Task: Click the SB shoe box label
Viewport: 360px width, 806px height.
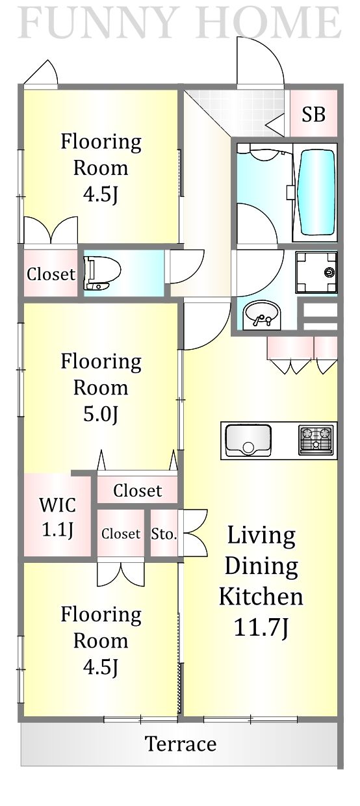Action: coord(313,115)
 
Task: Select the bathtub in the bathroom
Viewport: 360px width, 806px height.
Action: coord(316,192)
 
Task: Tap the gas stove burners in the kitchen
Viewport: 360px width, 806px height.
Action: coord(316,440)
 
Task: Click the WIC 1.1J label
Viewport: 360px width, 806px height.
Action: coord(57,516)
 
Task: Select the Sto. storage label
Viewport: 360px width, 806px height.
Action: coord(164,534)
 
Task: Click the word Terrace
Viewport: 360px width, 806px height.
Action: coord(180,744)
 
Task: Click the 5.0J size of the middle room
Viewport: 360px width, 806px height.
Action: coord(101,413)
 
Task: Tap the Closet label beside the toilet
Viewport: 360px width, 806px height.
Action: coord(51,274)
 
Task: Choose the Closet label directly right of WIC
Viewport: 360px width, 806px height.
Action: coord(137,490)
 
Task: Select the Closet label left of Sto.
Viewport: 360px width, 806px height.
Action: coord(121,534)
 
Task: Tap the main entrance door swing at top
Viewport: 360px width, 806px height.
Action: coord(260,62)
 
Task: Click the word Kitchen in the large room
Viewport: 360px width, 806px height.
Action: coord(261,595)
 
